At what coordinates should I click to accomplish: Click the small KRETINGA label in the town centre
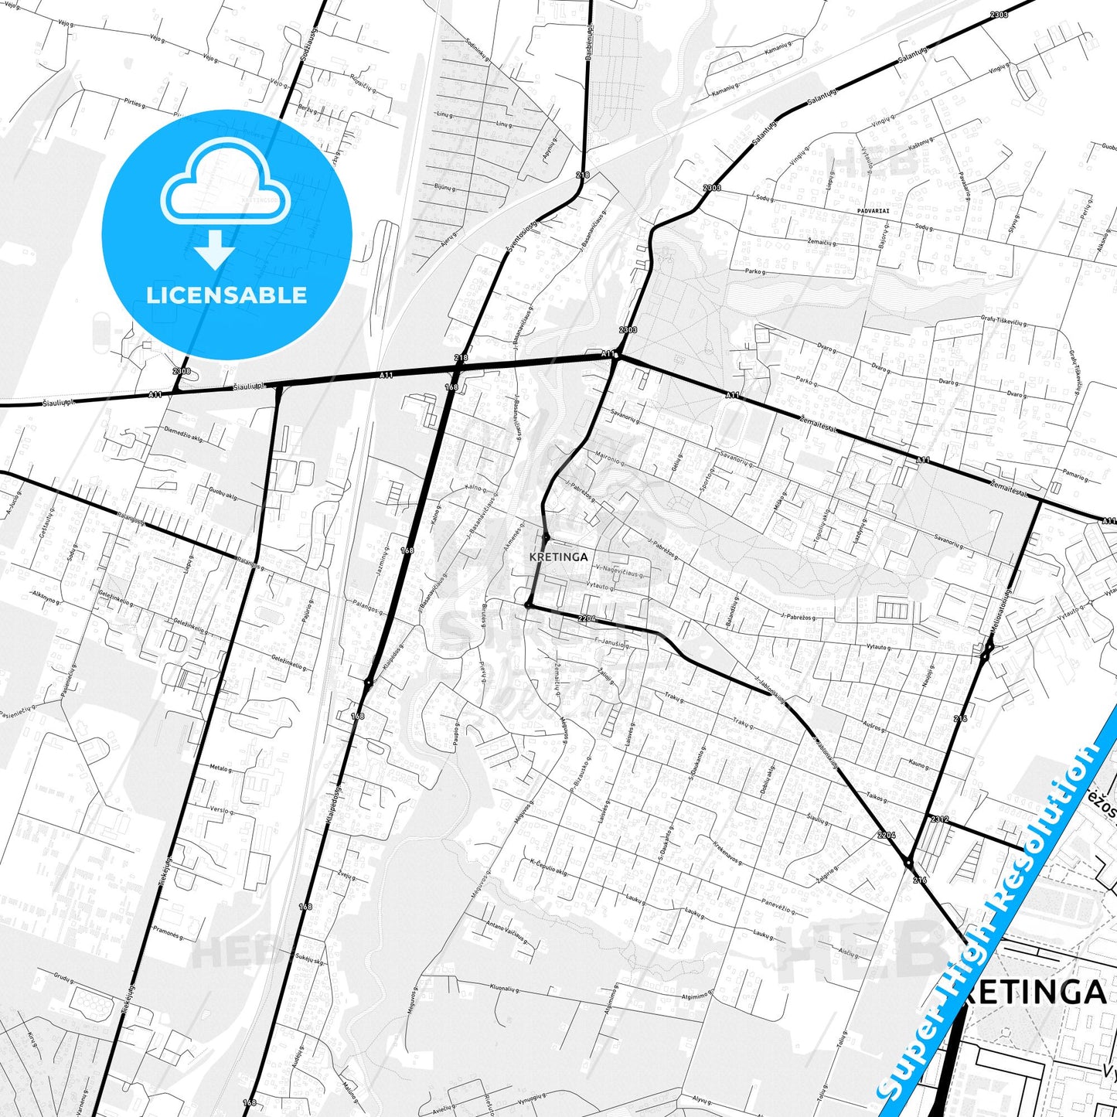(559, 557)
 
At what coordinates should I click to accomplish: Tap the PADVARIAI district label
(874, 210)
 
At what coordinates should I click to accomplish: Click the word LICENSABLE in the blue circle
(226, 295)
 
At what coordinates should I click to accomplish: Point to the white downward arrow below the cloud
(215, 251)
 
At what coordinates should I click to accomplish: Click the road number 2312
(939, 819)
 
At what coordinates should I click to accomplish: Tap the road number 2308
(182, 372)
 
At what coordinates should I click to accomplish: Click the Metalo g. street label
(220, 768)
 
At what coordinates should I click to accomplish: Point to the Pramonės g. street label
(167, 933)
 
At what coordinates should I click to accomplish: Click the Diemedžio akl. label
(183, 437)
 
